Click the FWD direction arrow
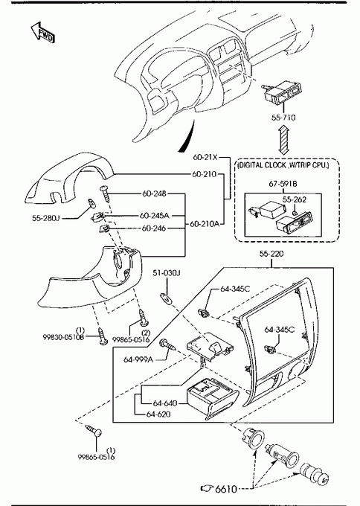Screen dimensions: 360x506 pyautogui.click(x=42, y=32)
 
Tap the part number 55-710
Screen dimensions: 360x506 pyautogui.click(x=283, y=118)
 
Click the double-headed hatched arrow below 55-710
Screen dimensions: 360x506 pyautogui.click(x=283, y=140)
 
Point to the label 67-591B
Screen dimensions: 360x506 pyautogui.click(x=283, y=184)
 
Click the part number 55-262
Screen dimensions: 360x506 pyautogui.click(x=295, y=199)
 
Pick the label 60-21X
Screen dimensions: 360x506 pyautogui.click(x=205, y=158)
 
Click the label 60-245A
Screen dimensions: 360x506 pyautogui.click(x=155, y=215)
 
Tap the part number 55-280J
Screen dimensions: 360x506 pyautogui.click(x=46, y=219)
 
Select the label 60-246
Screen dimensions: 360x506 pyautogui.click(x=154, y=228)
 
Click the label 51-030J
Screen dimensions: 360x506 pyautogui.click(x=167, y=273)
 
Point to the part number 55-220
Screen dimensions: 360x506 pyautogui.click(x=271, y=254)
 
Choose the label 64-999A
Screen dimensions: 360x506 pyautogui.click(x=138, y=359)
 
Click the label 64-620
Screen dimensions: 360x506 pyautogui.click(x=158, y=414)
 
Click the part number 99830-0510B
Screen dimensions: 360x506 pyautogui.click(x=63, y=338)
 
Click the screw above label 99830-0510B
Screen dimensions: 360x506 pyautogui.click(x=103, y=336)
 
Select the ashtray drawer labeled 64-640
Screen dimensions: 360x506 pyautogui.click(x=212, y=399)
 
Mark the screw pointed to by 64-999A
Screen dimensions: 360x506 pyautogui.click(x=168, y=345)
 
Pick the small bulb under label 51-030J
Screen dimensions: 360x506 pyautogui.click(x=167, y=298)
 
